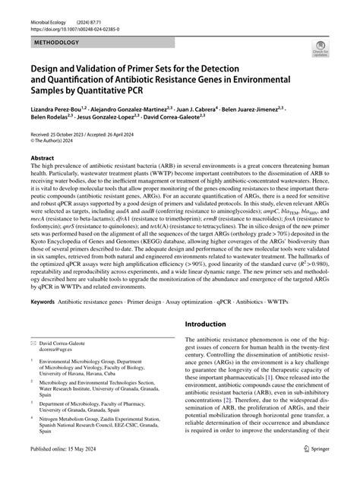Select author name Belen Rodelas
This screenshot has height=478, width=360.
[x=49, y=120]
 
